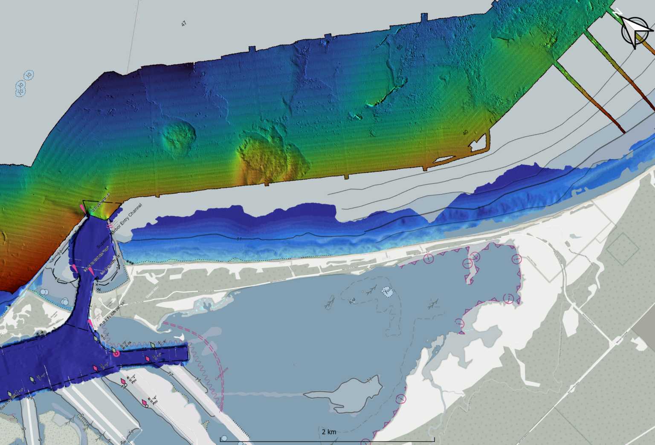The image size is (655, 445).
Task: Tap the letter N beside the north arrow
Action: (x=617, y=13)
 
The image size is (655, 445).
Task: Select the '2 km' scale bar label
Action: (x=329, y=432)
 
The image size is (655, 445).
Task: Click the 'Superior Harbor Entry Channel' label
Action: (x=119, y=226)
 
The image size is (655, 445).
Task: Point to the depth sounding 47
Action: (x=184, y=24)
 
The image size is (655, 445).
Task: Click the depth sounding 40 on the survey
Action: (x=465, y=133)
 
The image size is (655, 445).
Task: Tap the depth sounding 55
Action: (x=400, y=47)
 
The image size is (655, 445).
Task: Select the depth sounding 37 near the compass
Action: (x=575, y=34)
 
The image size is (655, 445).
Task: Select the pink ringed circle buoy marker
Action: (x=116, y=353)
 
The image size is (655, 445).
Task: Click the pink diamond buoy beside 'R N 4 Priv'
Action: (x=145, y=402)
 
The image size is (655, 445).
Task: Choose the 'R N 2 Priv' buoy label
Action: (x=133, y=379)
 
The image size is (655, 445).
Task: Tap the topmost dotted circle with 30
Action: (x=29, y=75)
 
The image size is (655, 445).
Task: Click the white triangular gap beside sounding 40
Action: (x=478, y=142)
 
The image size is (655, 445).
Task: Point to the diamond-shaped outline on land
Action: (x=623, y=249)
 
